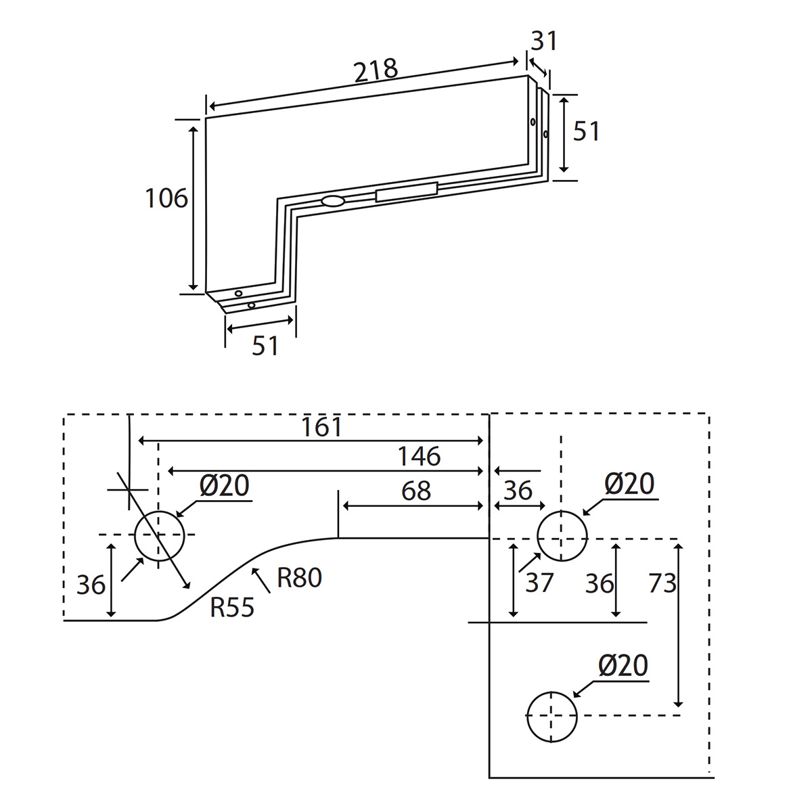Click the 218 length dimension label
pos(376,70)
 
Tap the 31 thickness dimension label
pos(544,42)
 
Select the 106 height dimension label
pos(166,198)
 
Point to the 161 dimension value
pos(322,428)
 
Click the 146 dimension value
pos(419,457)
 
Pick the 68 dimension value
pos(415,491)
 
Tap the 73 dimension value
pos(662,582)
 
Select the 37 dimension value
pos(539,582)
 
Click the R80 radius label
pos(299,578)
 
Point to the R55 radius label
pos(232,608)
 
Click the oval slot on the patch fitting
pos(333,201)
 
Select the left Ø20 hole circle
pos(160,536)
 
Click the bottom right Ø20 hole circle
pos(552,717)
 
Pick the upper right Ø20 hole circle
pos(562,536)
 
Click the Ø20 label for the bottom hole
pos(623,667)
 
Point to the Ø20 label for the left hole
pos(225,485)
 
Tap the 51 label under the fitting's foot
pos(265,346)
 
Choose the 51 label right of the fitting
pos(586,131)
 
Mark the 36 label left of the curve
pos(90,585)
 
